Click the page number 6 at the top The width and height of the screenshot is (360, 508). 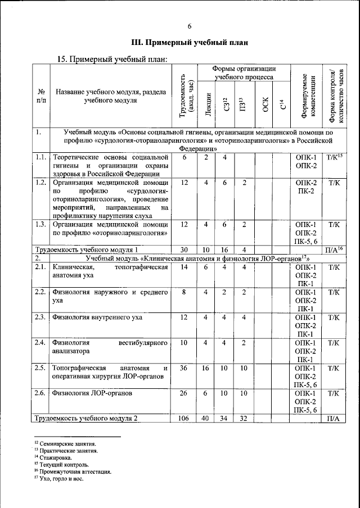pos(190,26)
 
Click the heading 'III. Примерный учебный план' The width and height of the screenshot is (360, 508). pos(189,43)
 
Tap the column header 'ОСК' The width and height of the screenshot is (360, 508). pos(264,105)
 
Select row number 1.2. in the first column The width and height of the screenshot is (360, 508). pos(40,183)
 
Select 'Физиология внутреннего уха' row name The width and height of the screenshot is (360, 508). pos(97,317)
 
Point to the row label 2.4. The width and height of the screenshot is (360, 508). pos(40,343)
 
